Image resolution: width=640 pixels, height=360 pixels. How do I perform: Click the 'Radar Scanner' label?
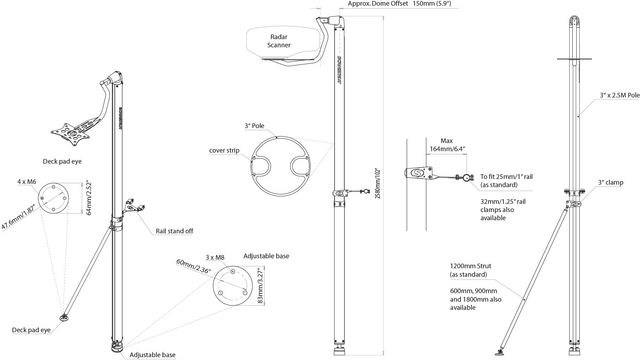(x=279, y=41)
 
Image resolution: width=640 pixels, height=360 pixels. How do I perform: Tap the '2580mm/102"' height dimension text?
(x=378, y=183)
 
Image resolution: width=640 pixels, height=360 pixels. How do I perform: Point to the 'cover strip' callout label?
(x=224, y=150)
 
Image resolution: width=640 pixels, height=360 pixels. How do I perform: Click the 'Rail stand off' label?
(x=174, y=231)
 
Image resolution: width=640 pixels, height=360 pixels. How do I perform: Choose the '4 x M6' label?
(x=27, y=182)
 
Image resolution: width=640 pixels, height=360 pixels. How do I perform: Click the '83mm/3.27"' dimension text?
(x=260, y=286)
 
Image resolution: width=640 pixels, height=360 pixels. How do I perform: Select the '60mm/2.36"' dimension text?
(x=193, y=266)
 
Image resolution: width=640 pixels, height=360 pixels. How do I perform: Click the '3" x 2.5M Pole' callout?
(x=620, y=95)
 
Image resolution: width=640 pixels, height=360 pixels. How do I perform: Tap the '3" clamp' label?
(x=610, y=182)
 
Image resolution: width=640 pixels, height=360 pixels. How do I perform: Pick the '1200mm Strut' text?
(x=470, y=266)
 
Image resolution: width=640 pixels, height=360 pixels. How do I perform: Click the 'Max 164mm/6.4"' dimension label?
(x=447, y=145)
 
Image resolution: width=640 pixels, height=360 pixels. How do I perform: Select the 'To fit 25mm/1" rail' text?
(x=506, y=176)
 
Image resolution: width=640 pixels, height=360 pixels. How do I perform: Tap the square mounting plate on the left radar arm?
(x=69, y=134)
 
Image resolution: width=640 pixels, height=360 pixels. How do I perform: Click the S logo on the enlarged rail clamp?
(x=416, y=173)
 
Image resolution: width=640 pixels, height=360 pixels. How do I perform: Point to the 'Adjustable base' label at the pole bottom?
(x=152, y=355)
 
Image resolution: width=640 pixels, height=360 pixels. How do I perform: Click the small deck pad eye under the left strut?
(x=64, y=317)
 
